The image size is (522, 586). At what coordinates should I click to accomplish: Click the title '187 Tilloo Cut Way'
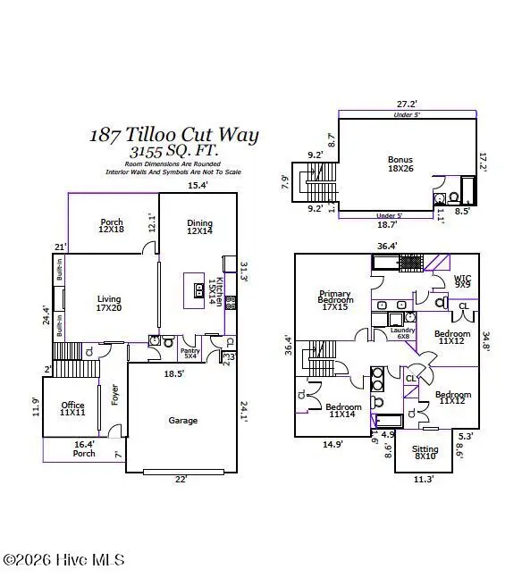[x=173, y=135]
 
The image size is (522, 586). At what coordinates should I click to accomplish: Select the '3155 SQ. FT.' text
[x=173, y=151]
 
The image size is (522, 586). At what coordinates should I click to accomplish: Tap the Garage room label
[x=183, y=420]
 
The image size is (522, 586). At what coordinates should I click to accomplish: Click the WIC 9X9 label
[x=462, y=281]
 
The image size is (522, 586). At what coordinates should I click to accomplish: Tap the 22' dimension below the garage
[x=181, y=481]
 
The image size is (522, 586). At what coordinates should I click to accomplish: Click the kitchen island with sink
[x=198, y=289]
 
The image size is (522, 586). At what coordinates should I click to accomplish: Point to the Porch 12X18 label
[x=112, y=227]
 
